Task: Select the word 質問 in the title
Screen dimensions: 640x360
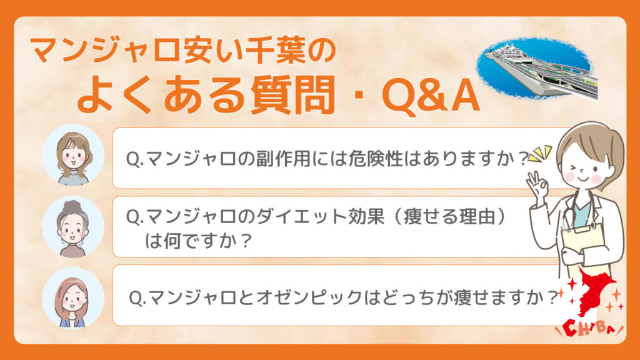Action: click(292, 96)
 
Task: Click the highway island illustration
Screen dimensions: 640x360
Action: click(537, 69)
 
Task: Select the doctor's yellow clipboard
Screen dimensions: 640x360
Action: click(583, 245)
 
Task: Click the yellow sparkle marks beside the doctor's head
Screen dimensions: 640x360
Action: click(541, 154)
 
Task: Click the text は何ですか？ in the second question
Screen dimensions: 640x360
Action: click(198, 241)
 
